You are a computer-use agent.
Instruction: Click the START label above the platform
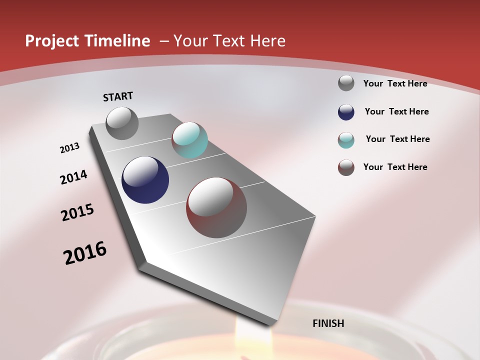(118, 96)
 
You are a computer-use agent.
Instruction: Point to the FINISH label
(328, 323)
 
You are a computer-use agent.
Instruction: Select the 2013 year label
(70, 148)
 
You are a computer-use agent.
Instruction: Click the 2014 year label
(73, 177)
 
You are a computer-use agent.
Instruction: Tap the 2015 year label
(77, 212)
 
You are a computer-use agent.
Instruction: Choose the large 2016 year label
(85, 253)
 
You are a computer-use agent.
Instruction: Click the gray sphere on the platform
(122, 123)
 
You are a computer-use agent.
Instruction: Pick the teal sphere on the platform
(189, 140)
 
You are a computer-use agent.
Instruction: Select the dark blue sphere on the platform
(145, 180)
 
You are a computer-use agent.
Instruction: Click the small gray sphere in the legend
(346, 83)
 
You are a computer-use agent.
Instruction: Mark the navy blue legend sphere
(346, 112)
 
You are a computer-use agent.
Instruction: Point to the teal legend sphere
(346, 140)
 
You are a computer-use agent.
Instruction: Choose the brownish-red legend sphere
(346, 167)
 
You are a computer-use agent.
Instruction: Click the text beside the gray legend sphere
(395, 83)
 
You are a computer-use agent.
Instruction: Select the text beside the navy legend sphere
(397, 111)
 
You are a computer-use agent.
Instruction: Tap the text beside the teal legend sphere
(398, 139)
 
